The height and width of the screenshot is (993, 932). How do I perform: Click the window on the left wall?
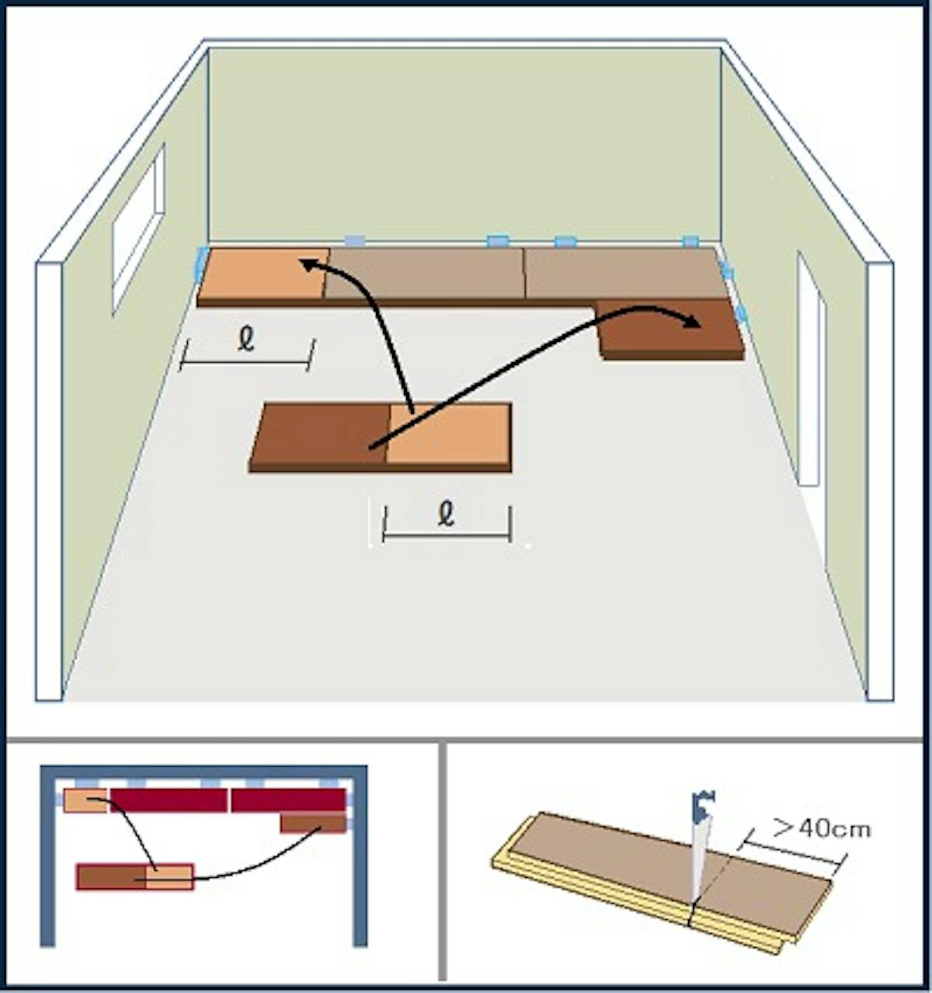[x=137, y=229]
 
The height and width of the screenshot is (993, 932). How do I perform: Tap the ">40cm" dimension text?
[x=822, y=828]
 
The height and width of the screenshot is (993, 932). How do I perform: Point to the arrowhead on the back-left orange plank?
[x=309, y=265]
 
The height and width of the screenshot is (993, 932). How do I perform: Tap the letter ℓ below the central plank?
[x=446, y=515]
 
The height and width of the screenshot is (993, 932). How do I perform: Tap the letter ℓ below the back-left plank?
[x=246, y=341]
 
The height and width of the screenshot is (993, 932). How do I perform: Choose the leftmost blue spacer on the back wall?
[x=355, y=241]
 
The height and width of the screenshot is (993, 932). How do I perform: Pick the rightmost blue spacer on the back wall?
[x=690, y=241]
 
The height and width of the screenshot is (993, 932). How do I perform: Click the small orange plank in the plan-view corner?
[x=85, y=800]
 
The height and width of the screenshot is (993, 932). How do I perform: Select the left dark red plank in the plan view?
[x=169, y=800]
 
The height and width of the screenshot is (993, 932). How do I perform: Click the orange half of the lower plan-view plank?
[x=169, y=877]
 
